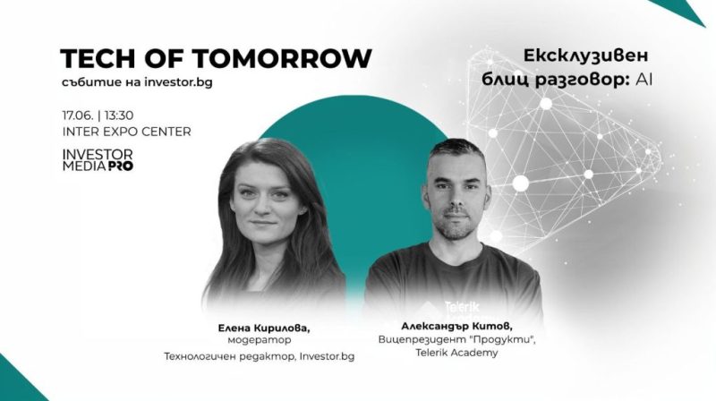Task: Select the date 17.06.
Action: click(79, 115)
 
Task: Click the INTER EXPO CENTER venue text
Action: click(126, 132)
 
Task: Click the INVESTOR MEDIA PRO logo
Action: click(98, 160)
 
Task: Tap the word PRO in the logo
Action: click(120, 166)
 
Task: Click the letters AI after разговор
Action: click(644, 79)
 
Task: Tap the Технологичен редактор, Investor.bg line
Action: click(260, 356)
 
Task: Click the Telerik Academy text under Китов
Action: click(439, 354)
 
